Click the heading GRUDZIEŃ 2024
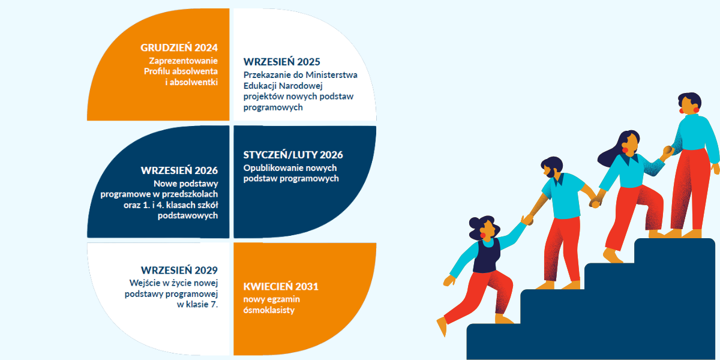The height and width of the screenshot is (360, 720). (x=179, y=47)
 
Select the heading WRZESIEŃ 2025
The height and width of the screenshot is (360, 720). (x=281, y=62)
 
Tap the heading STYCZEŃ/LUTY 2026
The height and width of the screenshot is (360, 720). (x=293, y=155)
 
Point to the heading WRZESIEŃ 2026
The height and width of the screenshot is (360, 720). (x=179, y=170)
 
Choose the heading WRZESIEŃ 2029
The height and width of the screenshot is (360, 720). (x=179, y=270)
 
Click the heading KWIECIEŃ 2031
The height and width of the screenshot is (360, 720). (x=281, y=286)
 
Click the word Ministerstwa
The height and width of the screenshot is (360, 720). (x=331, y=75)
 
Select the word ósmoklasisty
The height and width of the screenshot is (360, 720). (x=269, y=310)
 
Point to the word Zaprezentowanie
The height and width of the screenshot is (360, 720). (x=183, y=61)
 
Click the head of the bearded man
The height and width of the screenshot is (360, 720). (x=552, y=167)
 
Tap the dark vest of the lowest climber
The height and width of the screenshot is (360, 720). (x=487, y=256)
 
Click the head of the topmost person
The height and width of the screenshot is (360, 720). (x=689, y=103)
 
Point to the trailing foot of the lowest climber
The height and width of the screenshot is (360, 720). (x=442, y=326)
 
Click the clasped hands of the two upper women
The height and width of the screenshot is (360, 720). (x=668, y=150)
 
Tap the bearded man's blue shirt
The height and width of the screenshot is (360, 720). (x=564, y=195)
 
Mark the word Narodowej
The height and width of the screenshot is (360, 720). (x=301, y=86)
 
